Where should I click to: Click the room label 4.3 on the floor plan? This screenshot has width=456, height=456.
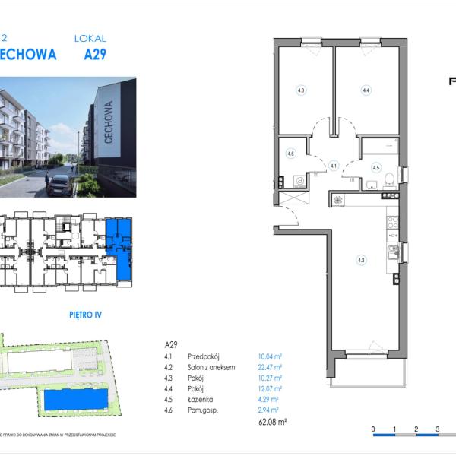[301, 90]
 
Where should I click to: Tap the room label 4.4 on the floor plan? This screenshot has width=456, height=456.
[366, 90]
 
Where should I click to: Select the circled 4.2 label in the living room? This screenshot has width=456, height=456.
[361, 261]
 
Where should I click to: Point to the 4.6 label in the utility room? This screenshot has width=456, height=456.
[290, 153]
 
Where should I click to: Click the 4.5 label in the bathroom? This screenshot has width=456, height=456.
[375, 167]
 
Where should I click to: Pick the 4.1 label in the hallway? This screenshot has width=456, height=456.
[334, 164]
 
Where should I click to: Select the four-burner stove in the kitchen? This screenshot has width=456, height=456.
[393, 223]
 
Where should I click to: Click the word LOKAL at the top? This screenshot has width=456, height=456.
[90, 37]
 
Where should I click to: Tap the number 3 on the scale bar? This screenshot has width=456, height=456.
[437, 429]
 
